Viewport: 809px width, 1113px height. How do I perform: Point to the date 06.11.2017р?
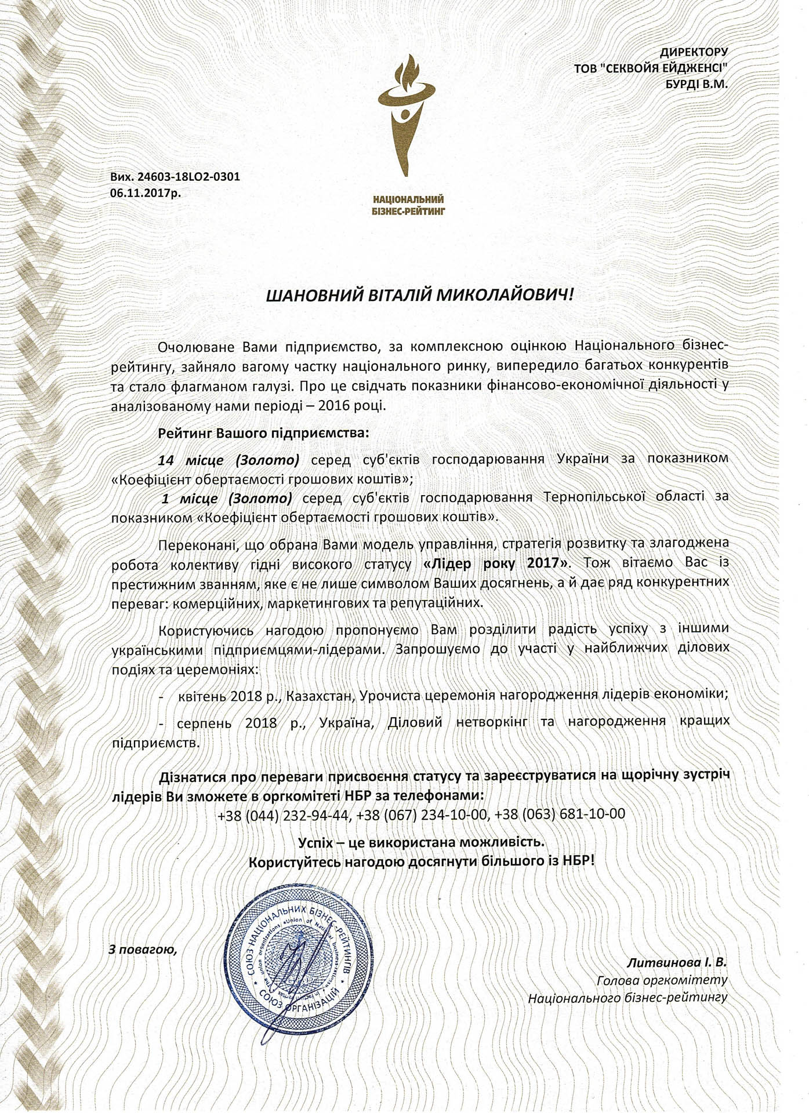(145, 193)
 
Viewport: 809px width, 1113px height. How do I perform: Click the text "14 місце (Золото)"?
(229, 460)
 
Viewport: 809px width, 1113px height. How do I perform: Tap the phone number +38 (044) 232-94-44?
(284, 814)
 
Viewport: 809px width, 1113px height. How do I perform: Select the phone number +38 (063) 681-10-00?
(560, 814)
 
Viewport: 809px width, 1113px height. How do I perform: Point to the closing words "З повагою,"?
(142, 950)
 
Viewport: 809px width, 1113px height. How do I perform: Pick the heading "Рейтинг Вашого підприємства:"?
(263, 433)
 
